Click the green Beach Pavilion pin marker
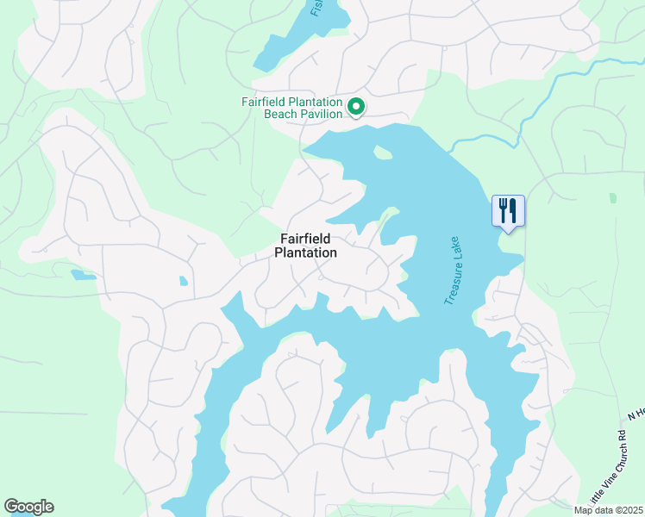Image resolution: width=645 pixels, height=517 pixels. (x=356, y=107)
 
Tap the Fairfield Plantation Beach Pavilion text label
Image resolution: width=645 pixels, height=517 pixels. (x=292, y=108)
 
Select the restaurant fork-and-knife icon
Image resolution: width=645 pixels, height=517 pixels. (x=508, y=210)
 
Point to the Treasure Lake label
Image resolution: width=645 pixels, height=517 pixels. (x=454, y=270)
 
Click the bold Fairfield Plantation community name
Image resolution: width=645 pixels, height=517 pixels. (x=305, y=246)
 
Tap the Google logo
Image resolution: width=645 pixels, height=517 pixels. (x=28, y=507)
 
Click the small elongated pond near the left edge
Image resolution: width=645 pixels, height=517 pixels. (x=83, y=275)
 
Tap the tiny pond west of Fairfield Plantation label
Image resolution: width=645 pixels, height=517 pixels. (x=183, y=281)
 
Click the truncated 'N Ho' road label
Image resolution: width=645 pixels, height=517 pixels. (x=636, y=415)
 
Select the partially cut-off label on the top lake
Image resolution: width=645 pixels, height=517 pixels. (x=316, y=8)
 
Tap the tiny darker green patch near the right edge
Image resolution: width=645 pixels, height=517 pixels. (x=612, y=197)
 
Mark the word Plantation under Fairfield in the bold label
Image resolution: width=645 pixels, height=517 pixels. (x=305, y=252)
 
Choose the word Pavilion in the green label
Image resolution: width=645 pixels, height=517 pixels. (x=319, y=115)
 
